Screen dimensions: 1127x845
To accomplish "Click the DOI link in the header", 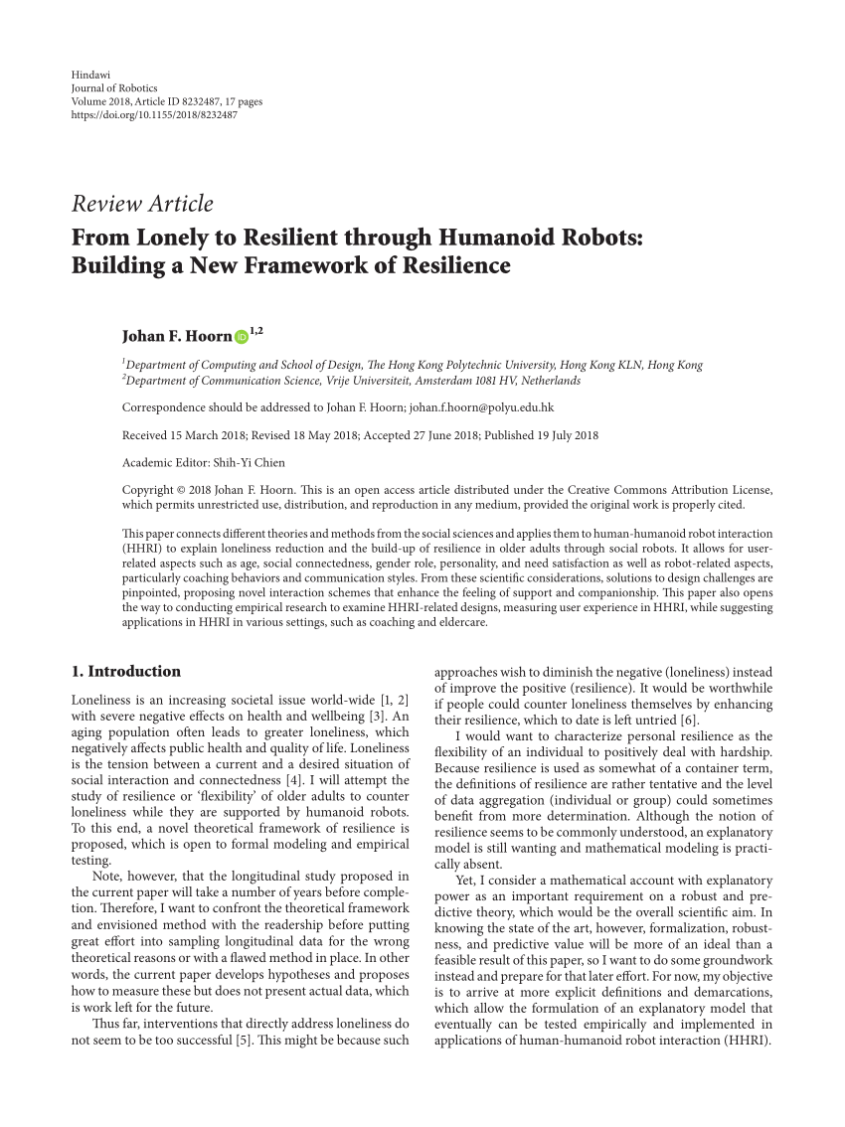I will point(154,114).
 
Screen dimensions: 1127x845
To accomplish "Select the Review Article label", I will point(142,205).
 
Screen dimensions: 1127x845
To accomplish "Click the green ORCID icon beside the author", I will point(242,338).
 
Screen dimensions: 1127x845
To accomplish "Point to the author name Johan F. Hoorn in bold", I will point(176,337).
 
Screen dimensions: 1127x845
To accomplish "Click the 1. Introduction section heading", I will point(126,671).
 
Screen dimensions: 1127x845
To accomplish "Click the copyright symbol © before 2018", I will point(181,490).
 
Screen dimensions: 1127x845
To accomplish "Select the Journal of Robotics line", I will point(114,88).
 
